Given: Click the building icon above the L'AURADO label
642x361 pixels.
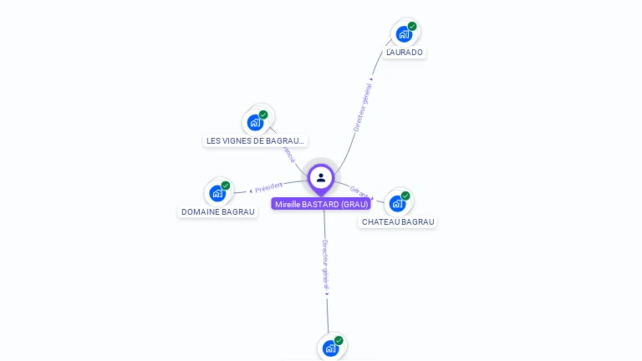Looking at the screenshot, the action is click(404, 34).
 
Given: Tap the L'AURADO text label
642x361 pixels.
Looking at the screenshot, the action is click(405, 53).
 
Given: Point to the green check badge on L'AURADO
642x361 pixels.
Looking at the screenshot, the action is click(412, 26).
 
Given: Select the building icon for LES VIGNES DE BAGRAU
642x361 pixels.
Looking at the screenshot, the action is click(255, 123).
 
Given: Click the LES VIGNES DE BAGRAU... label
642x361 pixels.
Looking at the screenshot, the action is click(256, 141).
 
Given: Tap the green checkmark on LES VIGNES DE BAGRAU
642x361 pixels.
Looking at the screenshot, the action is click(263, 114).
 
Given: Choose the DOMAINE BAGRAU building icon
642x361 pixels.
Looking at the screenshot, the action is click(217, 194).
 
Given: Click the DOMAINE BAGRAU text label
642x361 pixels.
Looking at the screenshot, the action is click(218, 212).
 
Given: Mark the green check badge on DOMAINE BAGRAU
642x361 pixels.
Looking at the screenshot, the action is click(226, 186).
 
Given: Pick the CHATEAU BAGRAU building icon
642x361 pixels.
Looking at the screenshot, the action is click(397, 203).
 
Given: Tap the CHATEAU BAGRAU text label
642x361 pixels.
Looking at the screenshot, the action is click(398, 222).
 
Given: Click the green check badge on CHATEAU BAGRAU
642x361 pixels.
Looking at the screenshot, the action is click(405, 196).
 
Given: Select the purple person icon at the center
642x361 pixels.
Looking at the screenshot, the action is click(321, 178).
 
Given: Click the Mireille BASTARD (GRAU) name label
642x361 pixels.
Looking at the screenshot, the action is click(321, 204).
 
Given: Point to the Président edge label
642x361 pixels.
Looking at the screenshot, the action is click(268, 186).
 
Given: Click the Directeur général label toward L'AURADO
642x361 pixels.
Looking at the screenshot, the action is click(363, 107).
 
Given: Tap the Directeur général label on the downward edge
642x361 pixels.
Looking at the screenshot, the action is click(326, 265).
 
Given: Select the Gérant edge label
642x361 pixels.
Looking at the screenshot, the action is click(359, 191).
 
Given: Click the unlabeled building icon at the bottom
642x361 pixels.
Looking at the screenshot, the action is click(330, 348).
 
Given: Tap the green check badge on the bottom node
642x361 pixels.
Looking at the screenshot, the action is click(339, 340).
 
